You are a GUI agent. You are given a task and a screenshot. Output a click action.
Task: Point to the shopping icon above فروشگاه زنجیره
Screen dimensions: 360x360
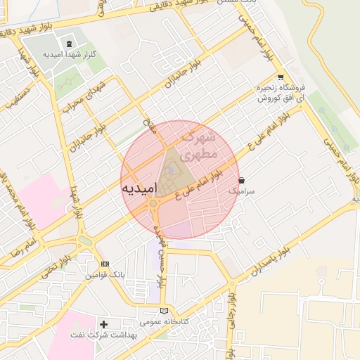281,77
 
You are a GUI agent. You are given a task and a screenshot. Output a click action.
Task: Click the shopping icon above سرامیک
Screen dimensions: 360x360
242,180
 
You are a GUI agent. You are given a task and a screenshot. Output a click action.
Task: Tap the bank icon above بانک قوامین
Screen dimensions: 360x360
105,264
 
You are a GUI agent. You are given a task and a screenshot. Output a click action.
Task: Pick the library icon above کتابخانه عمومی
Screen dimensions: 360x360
165,311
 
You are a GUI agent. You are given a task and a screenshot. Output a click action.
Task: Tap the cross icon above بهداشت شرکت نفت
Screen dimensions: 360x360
104,324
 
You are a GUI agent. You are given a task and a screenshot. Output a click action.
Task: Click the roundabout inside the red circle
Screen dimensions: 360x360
153,204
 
